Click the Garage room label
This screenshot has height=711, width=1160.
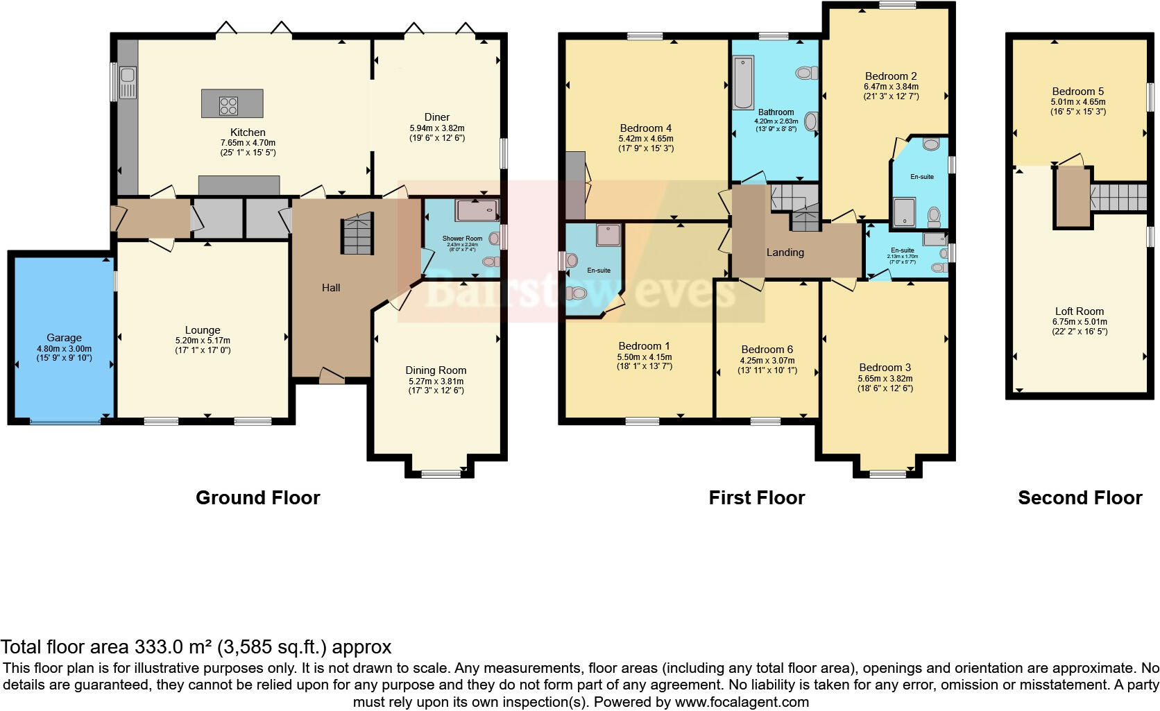click(x=64, y=339)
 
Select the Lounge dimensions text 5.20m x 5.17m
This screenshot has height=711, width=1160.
click(x=203, y=341)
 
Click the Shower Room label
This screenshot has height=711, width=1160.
click(x=462, y=239)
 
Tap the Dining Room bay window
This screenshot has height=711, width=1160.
click(x=441, y=474)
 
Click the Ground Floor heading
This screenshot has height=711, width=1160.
click(x=257, y=497)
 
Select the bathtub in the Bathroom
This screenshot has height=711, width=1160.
click(x=744, y=83)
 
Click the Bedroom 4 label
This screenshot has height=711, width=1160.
click(x=645, y=128)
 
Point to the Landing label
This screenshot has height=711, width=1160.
click(x=785, y=252)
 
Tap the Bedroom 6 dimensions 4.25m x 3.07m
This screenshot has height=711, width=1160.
click(x=767, y=361)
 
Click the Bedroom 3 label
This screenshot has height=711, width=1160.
click(x=885, y=368)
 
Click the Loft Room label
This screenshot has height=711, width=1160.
click(x=1079, y=311)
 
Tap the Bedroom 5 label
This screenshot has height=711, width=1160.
click(x=1077, y=92)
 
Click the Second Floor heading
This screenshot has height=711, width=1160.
click(x=1080, y=497)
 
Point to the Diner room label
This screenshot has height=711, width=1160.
click(x=437, y=117)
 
